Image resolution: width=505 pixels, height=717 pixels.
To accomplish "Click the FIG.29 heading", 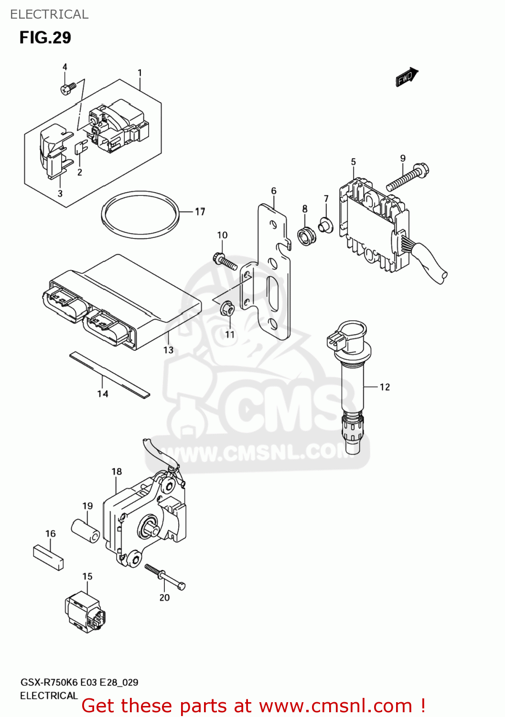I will point(45,37).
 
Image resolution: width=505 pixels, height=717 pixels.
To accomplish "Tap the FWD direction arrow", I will point(407,77).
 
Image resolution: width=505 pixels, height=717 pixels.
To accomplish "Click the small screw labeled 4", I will point(68,88).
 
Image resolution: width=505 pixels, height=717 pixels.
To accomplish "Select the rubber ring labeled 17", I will point(140,215).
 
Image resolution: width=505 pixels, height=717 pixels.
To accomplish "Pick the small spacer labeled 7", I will point(326,225).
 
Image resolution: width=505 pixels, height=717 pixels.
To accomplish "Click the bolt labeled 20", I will point(165,577).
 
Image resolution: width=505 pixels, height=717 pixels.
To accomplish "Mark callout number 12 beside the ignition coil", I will point(385,387).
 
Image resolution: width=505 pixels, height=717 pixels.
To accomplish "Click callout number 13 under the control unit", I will point(168,350).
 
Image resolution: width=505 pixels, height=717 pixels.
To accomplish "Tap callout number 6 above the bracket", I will point(274,191).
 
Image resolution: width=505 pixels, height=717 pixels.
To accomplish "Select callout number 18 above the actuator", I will point(117,472).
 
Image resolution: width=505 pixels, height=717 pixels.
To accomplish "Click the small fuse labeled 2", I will point(80,148).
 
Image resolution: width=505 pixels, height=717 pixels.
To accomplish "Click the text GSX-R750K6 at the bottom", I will point(49,682).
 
